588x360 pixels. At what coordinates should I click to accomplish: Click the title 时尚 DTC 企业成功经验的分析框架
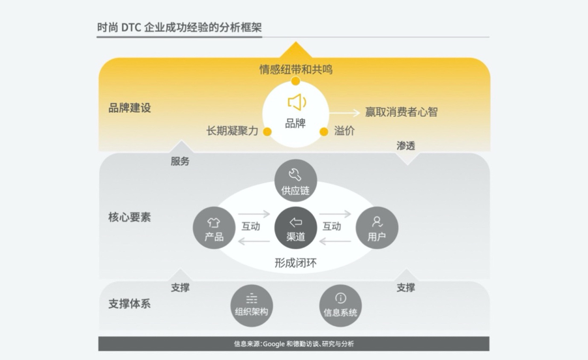point(179,27)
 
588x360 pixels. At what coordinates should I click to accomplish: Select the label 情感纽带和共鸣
point(296,69)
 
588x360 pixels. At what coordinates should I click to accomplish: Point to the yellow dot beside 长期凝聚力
point(267,132)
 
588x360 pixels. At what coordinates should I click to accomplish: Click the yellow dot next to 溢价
point(324,132)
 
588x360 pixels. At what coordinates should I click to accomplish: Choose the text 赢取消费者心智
point(402,112)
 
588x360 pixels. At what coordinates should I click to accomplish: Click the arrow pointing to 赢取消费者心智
point(345,112)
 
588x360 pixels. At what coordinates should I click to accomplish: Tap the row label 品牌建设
point(129,108)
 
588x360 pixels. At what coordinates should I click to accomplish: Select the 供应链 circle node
point(295,181)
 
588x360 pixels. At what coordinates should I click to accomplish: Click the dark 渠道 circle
point(295,228)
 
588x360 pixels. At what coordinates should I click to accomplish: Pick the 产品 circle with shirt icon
point(214,228)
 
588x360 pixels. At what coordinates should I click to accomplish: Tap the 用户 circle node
point(377,228)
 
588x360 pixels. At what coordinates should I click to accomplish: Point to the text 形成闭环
point(295,263)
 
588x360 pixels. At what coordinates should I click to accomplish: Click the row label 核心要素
point(129,217)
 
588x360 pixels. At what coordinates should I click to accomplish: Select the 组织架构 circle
point(252,306)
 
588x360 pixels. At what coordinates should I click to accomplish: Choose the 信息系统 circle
point(340,306)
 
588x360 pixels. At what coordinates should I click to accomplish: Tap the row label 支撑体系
point(129,304)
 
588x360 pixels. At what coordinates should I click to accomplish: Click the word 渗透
point(405,145)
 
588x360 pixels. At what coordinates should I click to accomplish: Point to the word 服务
point(180,161)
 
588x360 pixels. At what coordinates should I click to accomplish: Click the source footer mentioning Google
point(293,344)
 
